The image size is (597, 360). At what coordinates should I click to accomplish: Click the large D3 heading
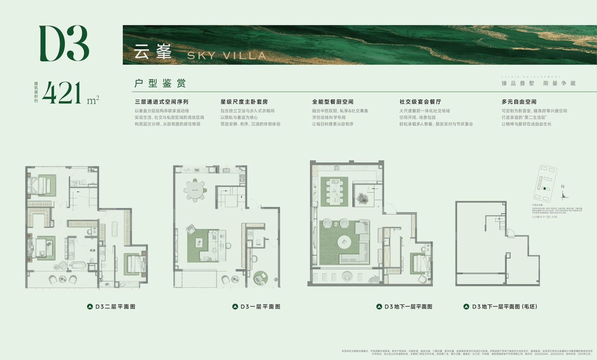point(64,43)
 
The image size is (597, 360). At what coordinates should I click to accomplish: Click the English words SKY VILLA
point(226,56)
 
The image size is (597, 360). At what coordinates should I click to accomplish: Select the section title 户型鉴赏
point(160,83)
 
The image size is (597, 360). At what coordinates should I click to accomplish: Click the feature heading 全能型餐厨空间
point(333,102)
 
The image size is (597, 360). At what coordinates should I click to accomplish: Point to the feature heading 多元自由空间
point(519,102)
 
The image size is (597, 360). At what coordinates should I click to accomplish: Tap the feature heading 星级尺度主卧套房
point(244,102)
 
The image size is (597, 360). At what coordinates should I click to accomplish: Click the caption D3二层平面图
point(115,307)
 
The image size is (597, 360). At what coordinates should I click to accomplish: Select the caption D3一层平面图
point(260,307)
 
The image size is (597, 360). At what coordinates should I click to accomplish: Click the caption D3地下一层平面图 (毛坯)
point(504,307)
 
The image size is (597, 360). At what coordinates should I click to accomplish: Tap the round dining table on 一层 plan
point(195,190)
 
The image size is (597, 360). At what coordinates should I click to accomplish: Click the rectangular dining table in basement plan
point(335,191)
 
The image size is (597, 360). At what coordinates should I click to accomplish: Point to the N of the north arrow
point(562,187)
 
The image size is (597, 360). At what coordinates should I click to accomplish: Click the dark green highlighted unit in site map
point(544,189)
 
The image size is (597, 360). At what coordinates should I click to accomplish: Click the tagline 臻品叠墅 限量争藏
point(539,83)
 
